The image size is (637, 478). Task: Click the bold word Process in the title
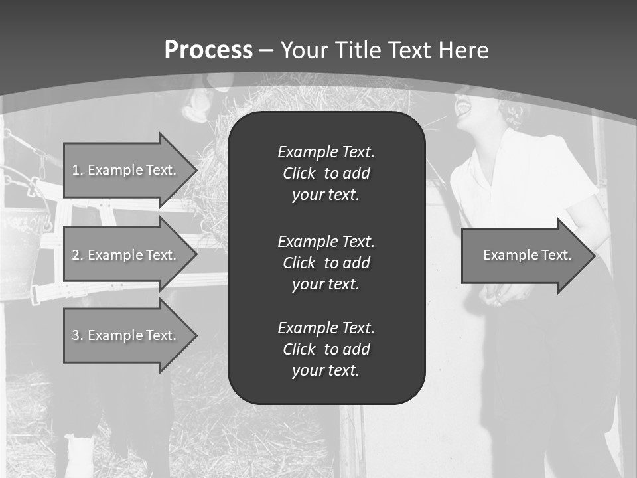[208, 50]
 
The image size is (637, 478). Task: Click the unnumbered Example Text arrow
[528, 255]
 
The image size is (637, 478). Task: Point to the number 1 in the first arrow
[76, 170]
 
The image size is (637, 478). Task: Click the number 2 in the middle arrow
[76, 255]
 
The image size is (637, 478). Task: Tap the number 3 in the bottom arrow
[76, 335]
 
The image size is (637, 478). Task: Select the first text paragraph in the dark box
[326, 173]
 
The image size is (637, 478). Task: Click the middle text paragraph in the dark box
[326, 262]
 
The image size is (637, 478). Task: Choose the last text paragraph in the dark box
[326, 349]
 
